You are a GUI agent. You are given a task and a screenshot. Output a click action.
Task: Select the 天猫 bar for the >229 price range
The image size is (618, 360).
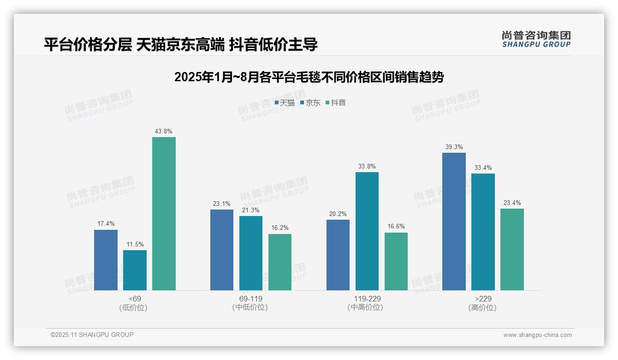(x=454, y=222)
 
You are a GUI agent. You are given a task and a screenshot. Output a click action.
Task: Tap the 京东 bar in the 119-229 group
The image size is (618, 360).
(x=367, y=231)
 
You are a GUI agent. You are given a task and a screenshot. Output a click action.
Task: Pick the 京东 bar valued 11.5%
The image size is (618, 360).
(x=135, y=270)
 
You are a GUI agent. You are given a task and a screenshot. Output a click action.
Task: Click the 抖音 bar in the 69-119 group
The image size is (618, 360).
(x=280, y=262)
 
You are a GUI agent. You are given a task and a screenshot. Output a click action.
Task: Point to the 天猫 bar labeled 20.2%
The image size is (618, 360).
(x=338, y=255)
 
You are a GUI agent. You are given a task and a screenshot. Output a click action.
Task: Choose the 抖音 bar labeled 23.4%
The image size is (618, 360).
(x=512, y=249)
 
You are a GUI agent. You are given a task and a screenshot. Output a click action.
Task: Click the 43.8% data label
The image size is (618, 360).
(x=164, y=132)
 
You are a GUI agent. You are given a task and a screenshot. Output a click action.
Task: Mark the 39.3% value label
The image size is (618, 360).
(x=454, y=147)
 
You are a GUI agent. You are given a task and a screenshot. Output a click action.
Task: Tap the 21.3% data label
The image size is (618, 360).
(x=251, y=210)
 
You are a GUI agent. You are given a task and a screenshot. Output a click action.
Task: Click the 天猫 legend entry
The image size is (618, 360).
(x=285, y=103)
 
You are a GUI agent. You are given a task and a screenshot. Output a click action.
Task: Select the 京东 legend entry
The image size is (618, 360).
(x=310, y=103)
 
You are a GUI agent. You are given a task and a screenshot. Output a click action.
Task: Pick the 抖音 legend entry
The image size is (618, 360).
(x=336, y=103)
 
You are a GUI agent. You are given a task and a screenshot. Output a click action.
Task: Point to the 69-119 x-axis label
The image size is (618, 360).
(x=251, y=299)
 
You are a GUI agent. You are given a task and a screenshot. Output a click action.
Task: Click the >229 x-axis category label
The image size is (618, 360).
(x=483, y=299)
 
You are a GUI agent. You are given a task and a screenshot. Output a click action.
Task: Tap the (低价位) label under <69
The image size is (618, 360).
(x=133, y=307)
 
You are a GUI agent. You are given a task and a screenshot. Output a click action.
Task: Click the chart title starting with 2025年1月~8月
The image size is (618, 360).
(x=309, y=78)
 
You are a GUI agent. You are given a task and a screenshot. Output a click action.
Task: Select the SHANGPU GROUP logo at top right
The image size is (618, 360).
(x=536, y=39)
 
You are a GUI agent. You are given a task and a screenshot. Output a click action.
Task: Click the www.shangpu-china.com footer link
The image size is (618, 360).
(x=537, y=335)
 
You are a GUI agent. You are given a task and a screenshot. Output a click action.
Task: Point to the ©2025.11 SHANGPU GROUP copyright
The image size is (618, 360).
(x=92, y=335)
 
